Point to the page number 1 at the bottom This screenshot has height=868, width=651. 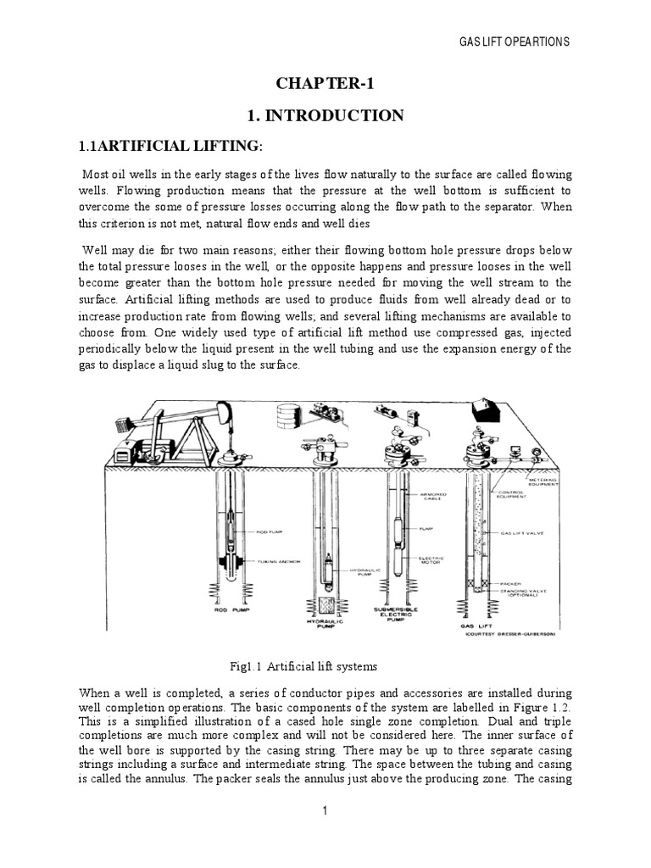(325, 811)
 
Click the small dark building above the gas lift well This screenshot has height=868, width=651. (490, 414)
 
